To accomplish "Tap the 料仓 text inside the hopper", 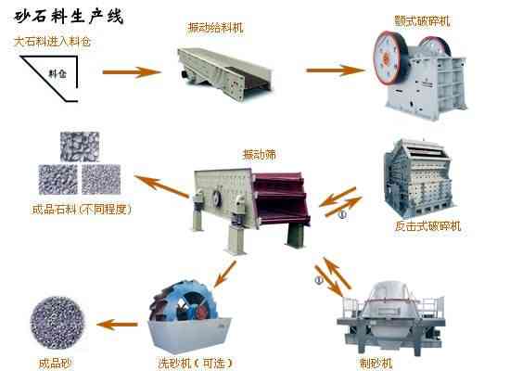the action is point(57,74).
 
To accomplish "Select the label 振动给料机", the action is point(215,27).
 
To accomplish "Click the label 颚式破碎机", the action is point(422,20).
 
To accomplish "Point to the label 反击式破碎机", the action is point(427,226).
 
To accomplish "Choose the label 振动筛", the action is point(260,154).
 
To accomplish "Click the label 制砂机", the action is point(376,364).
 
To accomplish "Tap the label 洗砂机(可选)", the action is point(195,364).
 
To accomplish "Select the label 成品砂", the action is point(55,364).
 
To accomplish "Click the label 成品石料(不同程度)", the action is point(82,210).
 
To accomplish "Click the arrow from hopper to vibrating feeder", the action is point(132,72).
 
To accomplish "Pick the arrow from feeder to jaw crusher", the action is point(336,70).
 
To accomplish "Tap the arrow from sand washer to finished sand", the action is point(117,325).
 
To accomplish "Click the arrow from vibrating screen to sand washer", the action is point(224,274).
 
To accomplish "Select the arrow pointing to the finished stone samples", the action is point(161,185).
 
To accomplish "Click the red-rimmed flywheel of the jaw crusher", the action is point(389,58).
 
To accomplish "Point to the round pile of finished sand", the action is point(57,323).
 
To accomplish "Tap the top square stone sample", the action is point(80,147).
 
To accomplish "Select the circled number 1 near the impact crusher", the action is point(342,215).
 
